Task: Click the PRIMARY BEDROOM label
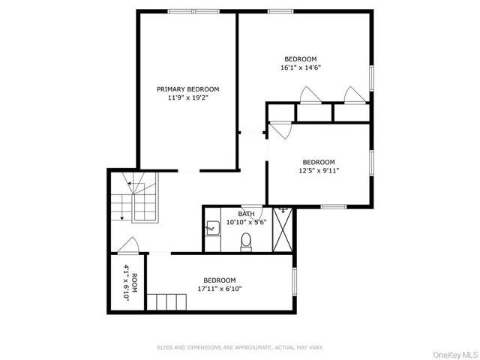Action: coord(187,89)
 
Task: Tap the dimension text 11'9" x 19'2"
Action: coord(187,97)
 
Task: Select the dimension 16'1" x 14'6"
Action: coord(300,67)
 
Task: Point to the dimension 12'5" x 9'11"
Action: coord(319,170)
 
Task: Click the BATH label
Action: coord(247,214)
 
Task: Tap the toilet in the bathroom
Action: coord(245,241)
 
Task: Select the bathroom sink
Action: coord(212,225)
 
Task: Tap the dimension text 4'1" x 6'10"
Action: coord(126,283)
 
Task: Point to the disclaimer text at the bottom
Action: coord(240,348)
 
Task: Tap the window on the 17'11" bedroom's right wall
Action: coord(295,279)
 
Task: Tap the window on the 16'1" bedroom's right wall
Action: coord(371,77)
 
